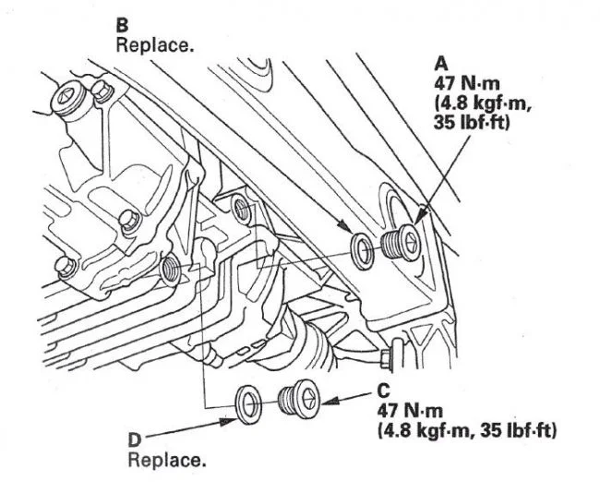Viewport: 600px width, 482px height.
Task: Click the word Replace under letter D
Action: click(167, 459)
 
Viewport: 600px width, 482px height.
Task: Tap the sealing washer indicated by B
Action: click(362, 250)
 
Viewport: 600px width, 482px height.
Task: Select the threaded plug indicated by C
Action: click(297, 400)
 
